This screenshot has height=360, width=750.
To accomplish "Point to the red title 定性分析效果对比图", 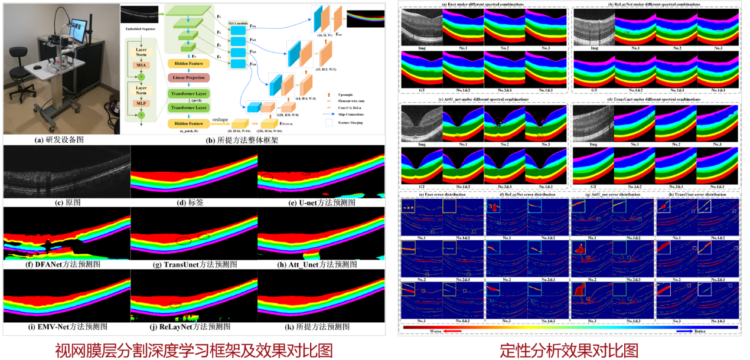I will pyautogui.click(x=569, y=349).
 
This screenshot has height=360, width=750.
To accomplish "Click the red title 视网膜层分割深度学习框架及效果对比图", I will pyautogui.click(x=193, y=349).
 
